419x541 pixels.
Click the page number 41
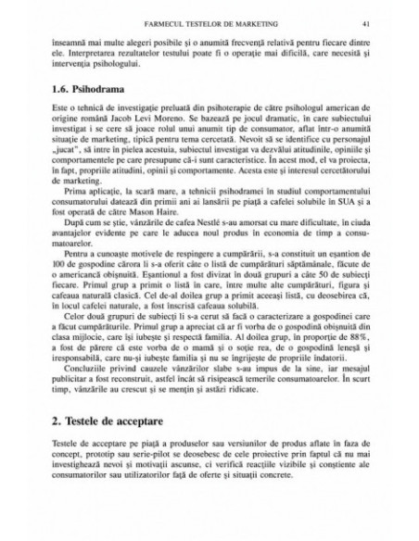(368, 19)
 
